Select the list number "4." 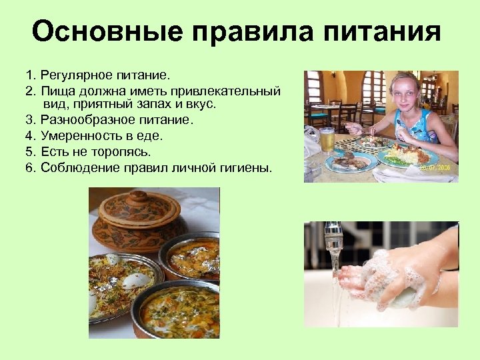pos(31,136)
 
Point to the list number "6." pos(31,167)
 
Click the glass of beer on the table pos(327,140)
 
